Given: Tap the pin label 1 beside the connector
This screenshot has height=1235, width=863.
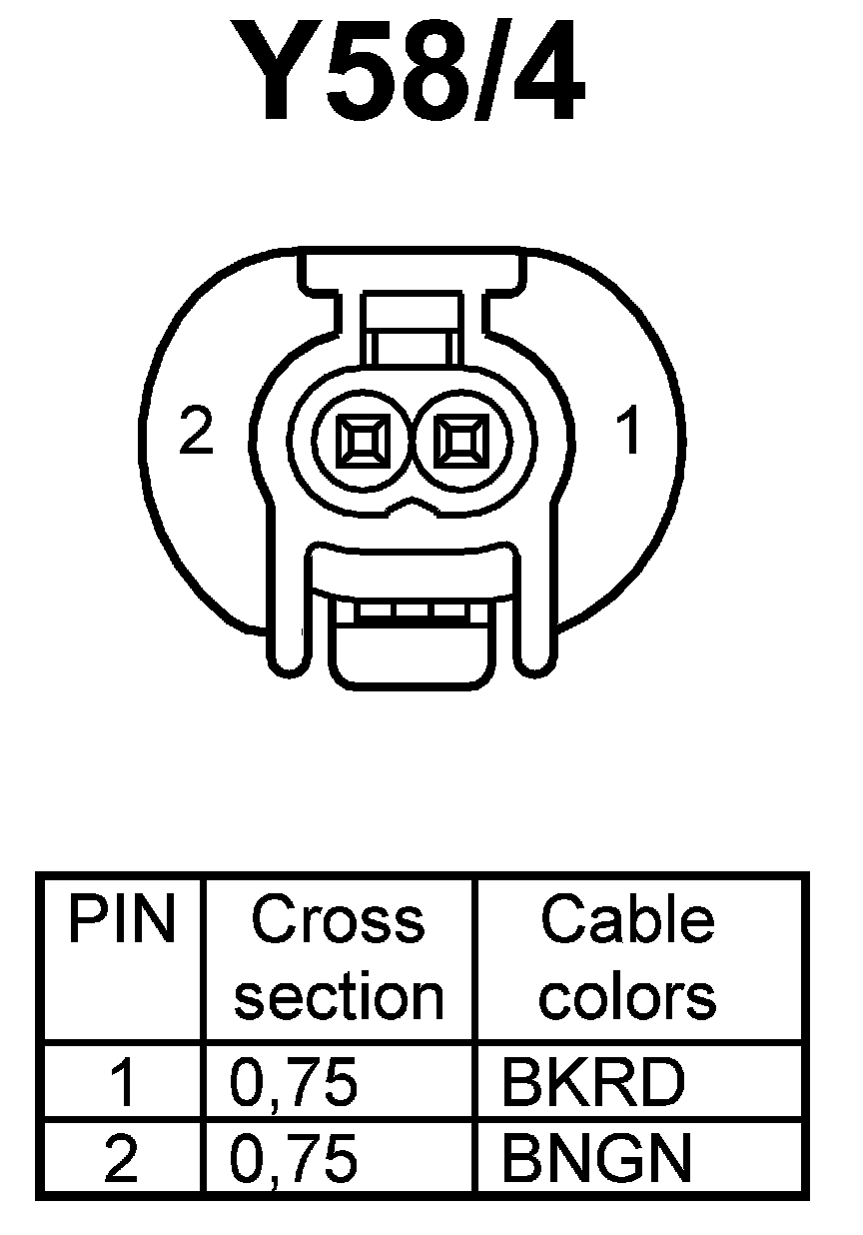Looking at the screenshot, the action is pyautogui.click(x=627, y=433).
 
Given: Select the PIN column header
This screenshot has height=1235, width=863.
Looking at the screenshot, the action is pyautogui.click(x=121, y=921).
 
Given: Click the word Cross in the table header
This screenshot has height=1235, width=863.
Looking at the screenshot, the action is pyautogui.click(x=338, y=921).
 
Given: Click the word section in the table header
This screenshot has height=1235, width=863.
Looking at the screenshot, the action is pyautogui.click(x=339, y=996).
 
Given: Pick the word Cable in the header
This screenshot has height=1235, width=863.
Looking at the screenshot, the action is pyautogui.click(x=627, y=921).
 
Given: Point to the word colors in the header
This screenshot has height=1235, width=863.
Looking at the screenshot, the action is pyautogui.click(x=628, y=996).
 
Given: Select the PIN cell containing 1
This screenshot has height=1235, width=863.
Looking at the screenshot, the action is pyautogui.click(x=121, y=1083).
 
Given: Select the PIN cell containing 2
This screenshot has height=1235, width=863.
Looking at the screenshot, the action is pyautogui.click(x=121, y=1159).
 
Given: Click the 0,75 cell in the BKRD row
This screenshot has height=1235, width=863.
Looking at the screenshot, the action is pyautogui.click(x=294, y=1083).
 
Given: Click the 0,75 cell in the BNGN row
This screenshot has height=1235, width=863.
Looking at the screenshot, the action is pyautogui.click(x=294, y=1159).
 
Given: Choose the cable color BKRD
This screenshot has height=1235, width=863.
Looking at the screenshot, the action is pyautogui.click(x=593, y=1083).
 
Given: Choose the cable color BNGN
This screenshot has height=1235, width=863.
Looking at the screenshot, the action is pyautogui.click(x=596, y=1159).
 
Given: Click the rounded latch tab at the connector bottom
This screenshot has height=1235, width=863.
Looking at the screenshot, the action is pyautogui.click(x=411, y=655).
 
